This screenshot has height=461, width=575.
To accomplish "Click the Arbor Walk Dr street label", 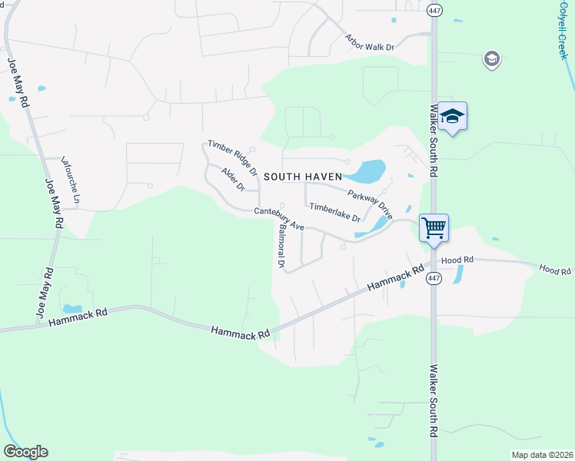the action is (370, 41).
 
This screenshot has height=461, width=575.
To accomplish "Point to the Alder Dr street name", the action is (232, 180).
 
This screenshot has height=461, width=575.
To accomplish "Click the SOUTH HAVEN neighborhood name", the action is (302, 176).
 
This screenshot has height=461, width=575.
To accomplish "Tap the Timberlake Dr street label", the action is (334, 211).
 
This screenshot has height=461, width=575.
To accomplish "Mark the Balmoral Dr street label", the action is (282, 246).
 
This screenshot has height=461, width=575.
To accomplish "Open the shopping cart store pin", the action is (434, 227).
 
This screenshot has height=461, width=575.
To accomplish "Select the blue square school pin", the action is (453, 117).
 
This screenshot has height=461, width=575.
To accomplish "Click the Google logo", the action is (25, 452).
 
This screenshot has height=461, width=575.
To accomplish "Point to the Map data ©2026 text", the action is (542, 455).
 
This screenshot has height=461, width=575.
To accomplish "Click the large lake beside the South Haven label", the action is (370, 171).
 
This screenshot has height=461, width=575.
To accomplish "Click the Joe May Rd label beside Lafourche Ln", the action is (53, 204).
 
